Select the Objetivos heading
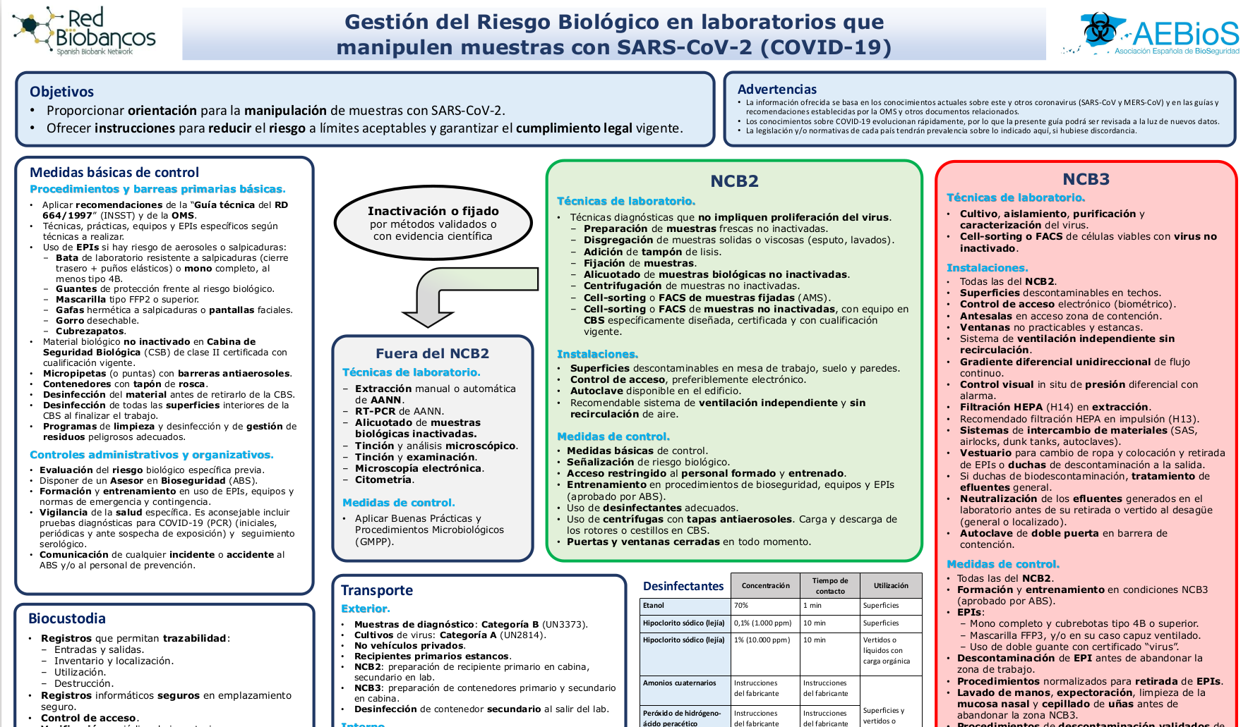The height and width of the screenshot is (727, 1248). click(x=61, y=92)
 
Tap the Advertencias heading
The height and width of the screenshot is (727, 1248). click(x=776, y=90)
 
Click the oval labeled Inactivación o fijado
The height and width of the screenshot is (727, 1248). click(x=433, y=223)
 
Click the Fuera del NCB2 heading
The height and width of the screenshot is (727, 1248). click(x=432, y=353)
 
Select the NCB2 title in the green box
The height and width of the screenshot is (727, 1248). click(x=734, y=181)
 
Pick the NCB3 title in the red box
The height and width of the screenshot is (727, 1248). click(x=1086, y=179)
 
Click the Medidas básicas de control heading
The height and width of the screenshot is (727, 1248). click(x=114, y=172)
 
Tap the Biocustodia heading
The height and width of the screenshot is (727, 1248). click(x=67, y=618)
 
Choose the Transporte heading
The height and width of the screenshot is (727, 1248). click(x=377, y=590)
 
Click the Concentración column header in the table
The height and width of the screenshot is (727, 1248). click(x=765, y=586)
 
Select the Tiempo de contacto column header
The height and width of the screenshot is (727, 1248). click(x=830, y=586)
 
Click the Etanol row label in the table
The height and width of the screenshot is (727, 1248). click(x=654, y=606)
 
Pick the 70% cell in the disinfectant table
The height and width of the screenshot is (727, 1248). click(x=741, y=606)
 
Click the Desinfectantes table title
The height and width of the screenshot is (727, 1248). click(x=683, y=586)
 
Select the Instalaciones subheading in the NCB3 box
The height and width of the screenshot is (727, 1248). click(x=987, y=268)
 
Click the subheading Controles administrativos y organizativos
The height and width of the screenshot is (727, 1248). click(x=151, y=455)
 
